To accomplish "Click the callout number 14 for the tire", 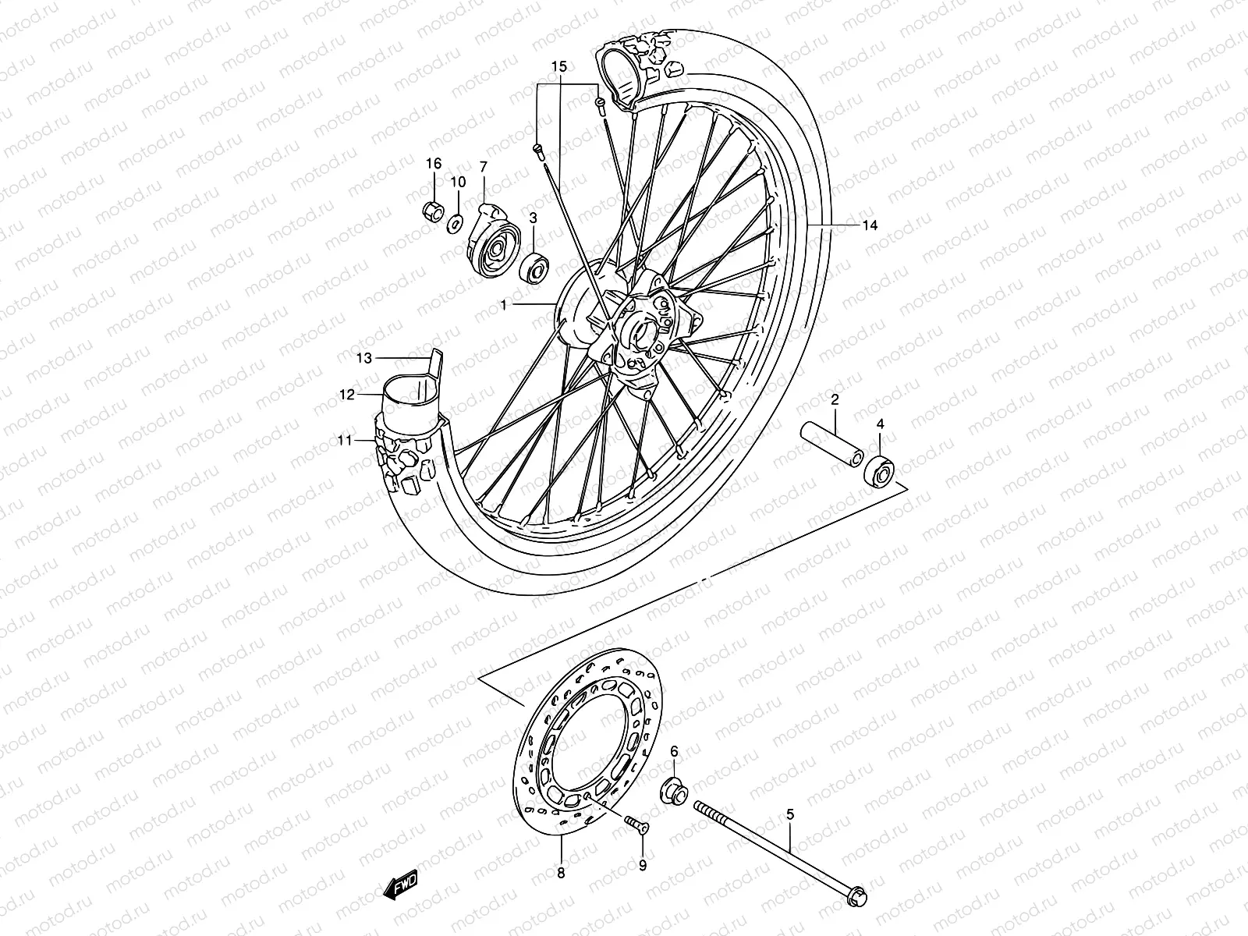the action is (870, 225).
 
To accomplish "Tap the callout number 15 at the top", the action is (558, 67).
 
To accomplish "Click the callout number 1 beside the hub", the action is (504, 306).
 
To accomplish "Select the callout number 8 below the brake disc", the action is (561, 874).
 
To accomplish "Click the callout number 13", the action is (363, 358).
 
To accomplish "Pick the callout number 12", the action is (347, 395).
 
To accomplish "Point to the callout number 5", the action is (790, 815).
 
